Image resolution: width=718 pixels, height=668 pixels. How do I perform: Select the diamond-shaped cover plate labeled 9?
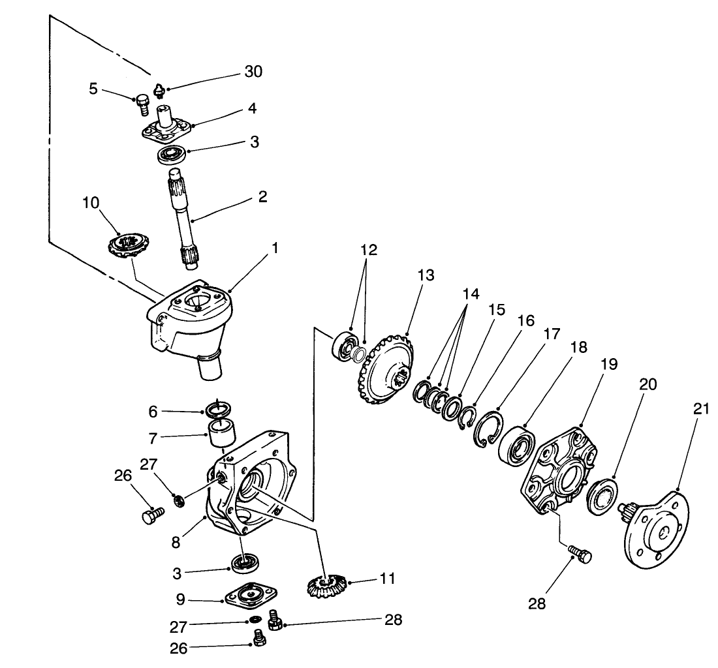251,594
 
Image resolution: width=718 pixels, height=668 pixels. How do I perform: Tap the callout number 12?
367,250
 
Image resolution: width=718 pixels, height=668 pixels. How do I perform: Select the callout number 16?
525,320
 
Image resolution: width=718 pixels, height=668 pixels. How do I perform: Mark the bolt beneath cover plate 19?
579,554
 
